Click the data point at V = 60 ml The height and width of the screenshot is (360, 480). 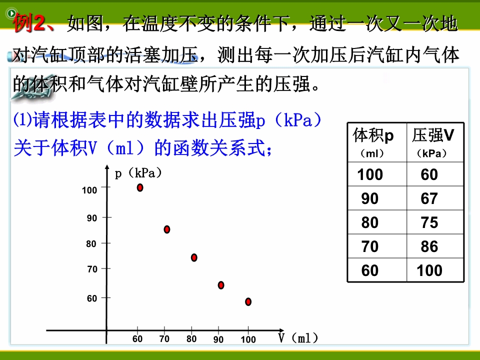pyautogui.click(x=140, y=187)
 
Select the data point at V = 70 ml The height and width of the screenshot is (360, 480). pyautogui.click(x=167, y=229)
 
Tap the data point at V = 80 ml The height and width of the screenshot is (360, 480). pyautogui.click(x=194, y=257)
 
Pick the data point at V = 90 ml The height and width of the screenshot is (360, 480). pyautogui.click(x=221, y=285)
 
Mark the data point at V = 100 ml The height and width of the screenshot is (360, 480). pyautogui.click(x=248, y=301)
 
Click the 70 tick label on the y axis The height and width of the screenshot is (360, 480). pyautogui.click(x=92, y=269)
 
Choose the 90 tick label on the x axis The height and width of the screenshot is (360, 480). pyautogui.click(x=218, y=339)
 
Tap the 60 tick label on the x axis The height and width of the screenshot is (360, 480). pyautogui.click(x=137, y=339)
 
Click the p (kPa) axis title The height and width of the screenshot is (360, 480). pyautogui.click(x=138, y=173)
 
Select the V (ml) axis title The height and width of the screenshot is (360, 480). pyautogui.click(x=298, y=338)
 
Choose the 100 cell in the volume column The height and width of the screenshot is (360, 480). pyautogui.click(x=370, y=174)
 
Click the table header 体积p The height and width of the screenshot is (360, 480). pyautogui.click(x=373, y=135)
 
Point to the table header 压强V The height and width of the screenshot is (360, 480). pyautogui.click(x=433, y=135)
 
